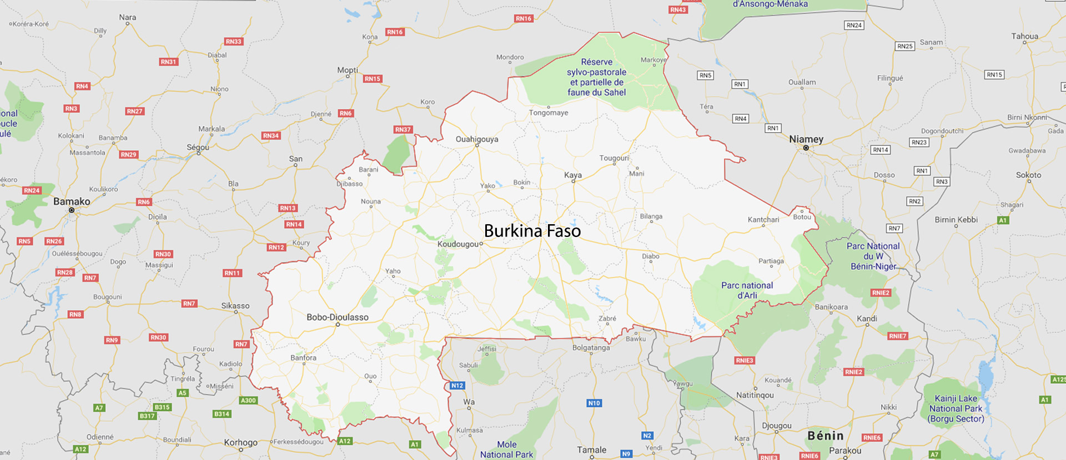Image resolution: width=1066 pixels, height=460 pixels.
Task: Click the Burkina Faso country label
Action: tap(532, 231)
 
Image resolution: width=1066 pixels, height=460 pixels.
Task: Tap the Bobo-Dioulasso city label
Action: tap(338, 317)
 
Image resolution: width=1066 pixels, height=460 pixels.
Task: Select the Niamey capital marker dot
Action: tap(806, 148)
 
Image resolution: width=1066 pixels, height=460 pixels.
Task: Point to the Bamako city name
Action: tap(72, 201)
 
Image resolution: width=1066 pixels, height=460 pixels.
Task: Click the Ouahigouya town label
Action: tap(477, 139)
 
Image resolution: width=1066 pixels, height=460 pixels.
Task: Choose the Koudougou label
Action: tap(457, 244)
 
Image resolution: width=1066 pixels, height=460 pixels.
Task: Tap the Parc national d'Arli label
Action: tap(747, 290)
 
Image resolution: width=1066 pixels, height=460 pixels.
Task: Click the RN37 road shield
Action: tap(403, 130)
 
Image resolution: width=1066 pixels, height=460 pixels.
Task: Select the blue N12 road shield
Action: tap(457, 386)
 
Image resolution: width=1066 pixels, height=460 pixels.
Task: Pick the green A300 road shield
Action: tap(248, 401)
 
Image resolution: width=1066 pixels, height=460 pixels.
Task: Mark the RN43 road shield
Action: tap(678, 9)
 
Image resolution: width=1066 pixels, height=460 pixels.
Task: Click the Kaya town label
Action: tap(573, 175)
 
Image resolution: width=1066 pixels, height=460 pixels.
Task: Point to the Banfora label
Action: tap(303, 358)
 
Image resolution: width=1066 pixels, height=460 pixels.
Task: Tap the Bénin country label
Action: tap(826, 436)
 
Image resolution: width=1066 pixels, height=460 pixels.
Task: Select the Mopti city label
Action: tap(348, 70)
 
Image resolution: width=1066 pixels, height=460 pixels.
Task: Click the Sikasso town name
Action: tap(235, 306)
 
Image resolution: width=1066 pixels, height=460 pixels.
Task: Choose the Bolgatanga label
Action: tap(591, 348)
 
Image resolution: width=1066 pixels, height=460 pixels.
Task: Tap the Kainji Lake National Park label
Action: tap(956, 408)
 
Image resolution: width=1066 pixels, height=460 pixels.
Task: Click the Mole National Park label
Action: tap(506, 449)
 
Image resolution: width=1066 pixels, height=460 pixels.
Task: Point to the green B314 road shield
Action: tap(222, 414)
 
